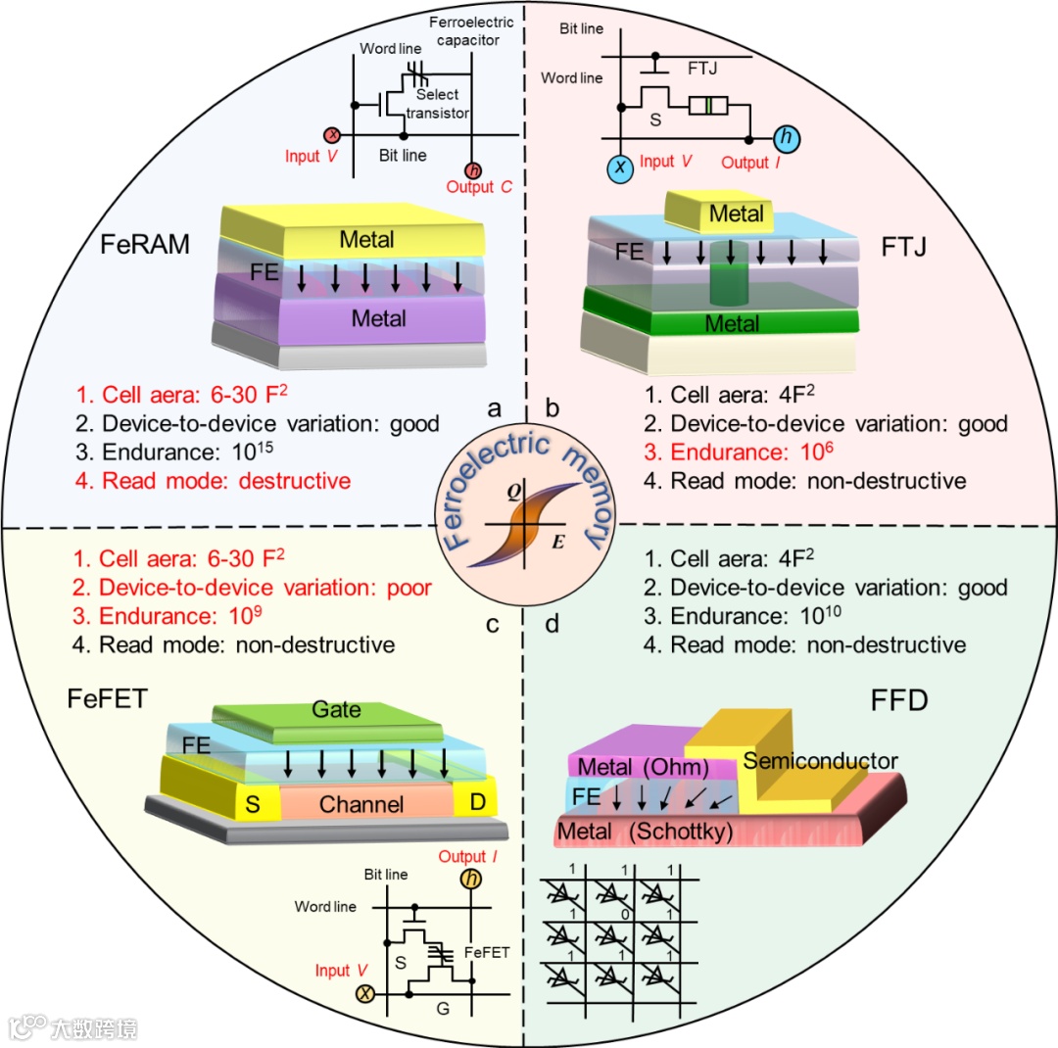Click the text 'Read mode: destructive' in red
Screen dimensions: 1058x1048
[214, 481]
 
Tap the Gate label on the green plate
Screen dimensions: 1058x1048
[336, 709]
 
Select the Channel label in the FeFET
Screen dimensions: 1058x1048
[362, 805]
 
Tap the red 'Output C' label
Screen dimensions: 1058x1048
[479, 187]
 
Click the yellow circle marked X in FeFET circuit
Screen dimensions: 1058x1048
[365, 995]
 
